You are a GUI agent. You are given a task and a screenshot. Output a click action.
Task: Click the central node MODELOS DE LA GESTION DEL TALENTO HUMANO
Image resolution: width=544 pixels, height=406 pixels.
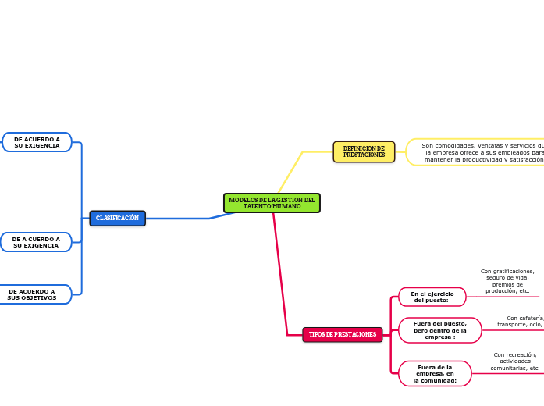(x=272, y=203)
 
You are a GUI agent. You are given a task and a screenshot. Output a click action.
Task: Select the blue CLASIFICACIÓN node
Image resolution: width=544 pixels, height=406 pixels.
(x=117, y=219)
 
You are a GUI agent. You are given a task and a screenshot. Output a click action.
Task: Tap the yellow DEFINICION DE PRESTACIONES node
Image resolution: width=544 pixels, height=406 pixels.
(x=364, y=151)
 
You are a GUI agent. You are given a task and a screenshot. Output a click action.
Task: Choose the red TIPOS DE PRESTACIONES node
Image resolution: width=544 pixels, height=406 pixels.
(x=342, y=334)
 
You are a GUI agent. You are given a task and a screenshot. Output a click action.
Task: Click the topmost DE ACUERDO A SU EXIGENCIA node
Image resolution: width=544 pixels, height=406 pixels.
(x=37, y=142)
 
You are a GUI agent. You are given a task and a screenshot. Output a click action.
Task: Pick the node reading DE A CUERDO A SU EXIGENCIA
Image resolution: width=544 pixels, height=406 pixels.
(x=36, y=242)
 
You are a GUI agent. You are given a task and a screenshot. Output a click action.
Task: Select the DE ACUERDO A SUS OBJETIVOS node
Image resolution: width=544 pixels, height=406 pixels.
(x=33, y=294)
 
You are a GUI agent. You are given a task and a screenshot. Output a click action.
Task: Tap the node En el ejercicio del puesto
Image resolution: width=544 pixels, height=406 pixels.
(x=432, y=297)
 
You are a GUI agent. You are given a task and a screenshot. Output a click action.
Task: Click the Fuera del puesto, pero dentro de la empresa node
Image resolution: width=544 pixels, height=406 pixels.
(x=439, y=330)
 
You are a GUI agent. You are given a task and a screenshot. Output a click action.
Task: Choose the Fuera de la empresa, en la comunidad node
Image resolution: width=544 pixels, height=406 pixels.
(x=435, y=373)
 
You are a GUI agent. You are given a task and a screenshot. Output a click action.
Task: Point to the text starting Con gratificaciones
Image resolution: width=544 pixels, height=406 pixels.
(x=507, y=281)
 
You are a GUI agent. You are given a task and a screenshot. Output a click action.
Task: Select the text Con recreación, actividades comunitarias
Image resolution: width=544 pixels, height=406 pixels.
(x=515, y=361)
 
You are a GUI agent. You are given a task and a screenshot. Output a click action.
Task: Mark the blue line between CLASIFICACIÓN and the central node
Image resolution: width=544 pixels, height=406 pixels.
(x=180, y=219)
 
